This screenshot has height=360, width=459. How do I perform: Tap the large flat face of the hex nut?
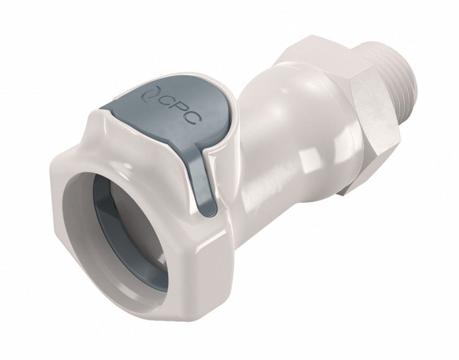[373, 132]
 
